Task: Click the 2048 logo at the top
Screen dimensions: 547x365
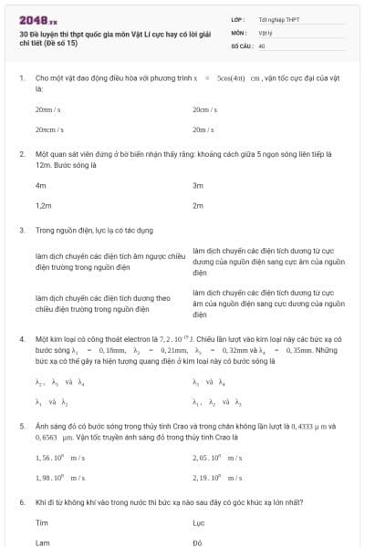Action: [36, 18]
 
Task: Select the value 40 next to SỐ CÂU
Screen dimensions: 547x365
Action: [262, 46]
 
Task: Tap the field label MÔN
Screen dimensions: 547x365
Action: [238, 32]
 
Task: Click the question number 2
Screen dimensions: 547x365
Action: [21, 155]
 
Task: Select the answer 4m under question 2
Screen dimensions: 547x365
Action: [40, 185]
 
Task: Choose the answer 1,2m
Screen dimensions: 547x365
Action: [44, 206]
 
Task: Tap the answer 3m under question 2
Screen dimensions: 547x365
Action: [198, 185]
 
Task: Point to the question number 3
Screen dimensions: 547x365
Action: [21, 231]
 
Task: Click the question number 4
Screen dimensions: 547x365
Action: [21, 338]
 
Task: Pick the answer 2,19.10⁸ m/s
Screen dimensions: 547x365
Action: [217, 477]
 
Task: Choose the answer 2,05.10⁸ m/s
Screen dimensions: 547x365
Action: [217, 457]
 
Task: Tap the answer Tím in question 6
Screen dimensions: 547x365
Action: [41, 522]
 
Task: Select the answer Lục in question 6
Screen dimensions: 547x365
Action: [199, 522]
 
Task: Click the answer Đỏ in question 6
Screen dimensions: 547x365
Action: [197, 542]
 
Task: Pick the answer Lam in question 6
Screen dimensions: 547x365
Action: [42, 542]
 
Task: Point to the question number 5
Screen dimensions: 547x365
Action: [21, 426]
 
